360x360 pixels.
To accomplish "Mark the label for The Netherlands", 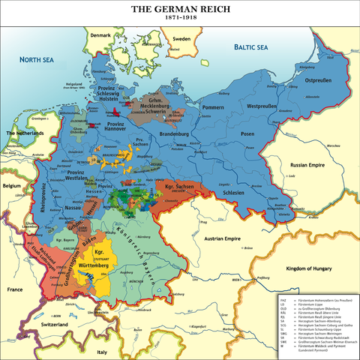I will click(25, 133).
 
